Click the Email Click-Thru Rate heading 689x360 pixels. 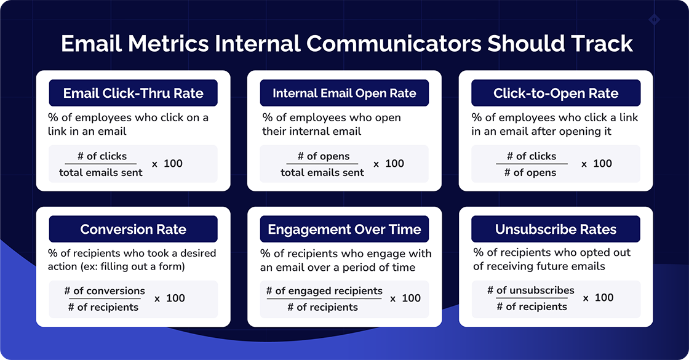(133, 94)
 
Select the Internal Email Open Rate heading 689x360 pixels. (344, 94)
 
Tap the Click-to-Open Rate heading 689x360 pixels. (556, 94)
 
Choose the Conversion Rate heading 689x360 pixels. (133, 230)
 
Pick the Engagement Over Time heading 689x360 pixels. (344, 230)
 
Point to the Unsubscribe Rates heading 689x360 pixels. (556, 230)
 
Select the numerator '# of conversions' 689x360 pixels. (105, 290)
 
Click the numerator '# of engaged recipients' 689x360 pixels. (324, 290)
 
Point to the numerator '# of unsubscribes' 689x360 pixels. (531, 290)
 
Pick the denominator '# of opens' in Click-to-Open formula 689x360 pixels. (530, 172)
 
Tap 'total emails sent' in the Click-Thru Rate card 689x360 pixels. (101, 172)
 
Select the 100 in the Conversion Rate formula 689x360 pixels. (175, 298)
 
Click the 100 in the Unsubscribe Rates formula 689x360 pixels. (604, 298)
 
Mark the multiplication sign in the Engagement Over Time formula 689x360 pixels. (392, 299)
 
